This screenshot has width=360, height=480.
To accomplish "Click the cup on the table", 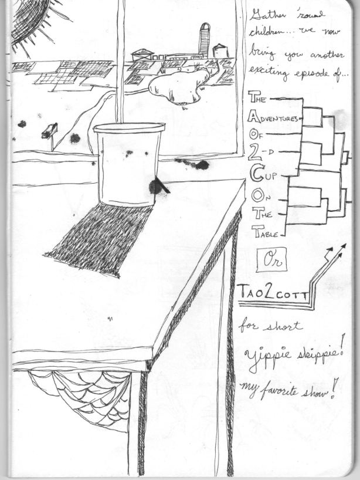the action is (x=128, y=164).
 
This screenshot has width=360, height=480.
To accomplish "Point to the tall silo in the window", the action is (x=205, y=39).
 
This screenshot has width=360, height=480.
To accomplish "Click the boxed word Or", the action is (x=271, y=260).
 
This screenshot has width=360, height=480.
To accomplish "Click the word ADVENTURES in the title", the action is (x=273, y=118).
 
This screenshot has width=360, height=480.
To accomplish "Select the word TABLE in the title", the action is (x=266, y=231).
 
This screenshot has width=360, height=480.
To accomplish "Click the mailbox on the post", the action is (x=50, y=131).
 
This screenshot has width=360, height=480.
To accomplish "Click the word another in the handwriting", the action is (x=327, y=55).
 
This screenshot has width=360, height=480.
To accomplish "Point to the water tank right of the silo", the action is (x=220, y=51).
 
